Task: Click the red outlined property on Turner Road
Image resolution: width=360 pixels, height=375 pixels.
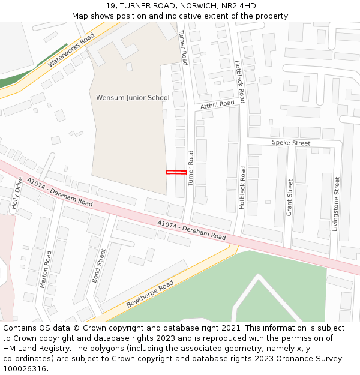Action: [x=176, y=172]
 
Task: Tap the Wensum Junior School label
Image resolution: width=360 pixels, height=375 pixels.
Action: [x=133, y=98]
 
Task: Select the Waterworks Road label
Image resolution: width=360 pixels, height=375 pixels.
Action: [x=71, y=50]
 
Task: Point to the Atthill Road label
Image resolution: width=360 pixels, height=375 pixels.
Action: [x=217, y=104]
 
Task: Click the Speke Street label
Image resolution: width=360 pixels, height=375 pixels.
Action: [x=291, y=143]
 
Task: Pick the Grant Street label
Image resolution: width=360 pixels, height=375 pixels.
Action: [x=289, y=197]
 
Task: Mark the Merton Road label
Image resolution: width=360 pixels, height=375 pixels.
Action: [x=46, y=269]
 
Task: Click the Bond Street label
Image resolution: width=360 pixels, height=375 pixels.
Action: [x=98, y=266]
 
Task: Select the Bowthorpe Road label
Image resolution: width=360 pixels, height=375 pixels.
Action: [x=150, y=294]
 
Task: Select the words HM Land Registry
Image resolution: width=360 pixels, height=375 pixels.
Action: [x=33, y=349]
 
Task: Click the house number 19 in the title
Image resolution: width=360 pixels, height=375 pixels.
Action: [x=109, y=6]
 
